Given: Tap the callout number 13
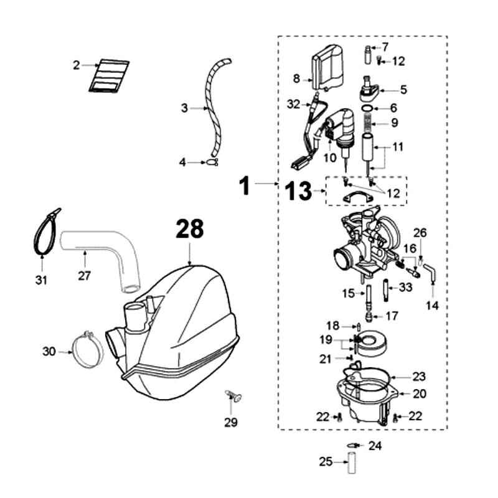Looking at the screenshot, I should coord(299,192).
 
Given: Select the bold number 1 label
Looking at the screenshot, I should coord(247,185).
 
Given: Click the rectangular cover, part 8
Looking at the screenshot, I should coord(327,70).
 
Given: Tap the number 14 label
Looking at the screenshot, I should coord(432,306).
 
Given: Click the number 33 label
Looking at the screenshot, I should coord(406,287).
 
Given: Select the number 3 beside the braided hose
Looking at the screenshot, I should coord(184,108).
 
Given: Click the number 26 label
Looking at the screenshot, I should coord(420,233).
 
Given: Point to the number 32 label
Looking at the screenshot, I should coord(294,103).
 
